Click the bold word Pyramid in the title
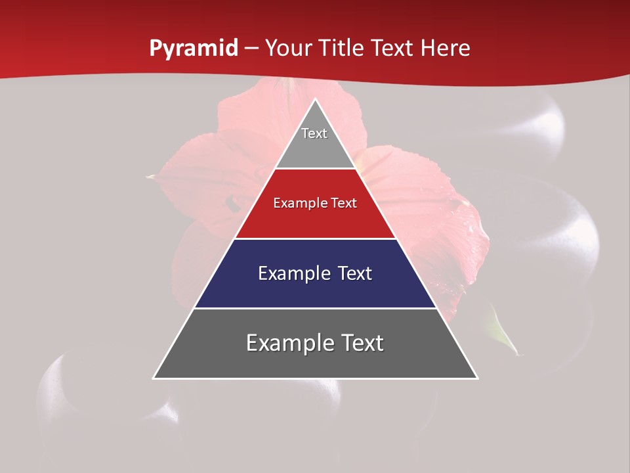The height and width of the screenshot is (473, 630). pos(193,49)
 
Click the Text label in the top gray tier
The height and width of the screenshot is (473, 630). pos(314,133)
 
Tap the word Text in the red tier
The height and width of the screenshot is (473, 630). pos(343,204)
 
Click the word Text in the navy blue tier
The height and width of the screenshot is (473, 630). pos(355,273)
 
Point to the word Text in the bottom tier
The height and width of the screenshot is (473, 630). pos(360,343)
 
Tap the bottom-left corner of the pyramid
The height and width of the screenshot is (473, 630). pos(154,378)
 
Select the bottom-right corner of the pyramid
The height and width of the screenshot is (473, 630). pos(477,378)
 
